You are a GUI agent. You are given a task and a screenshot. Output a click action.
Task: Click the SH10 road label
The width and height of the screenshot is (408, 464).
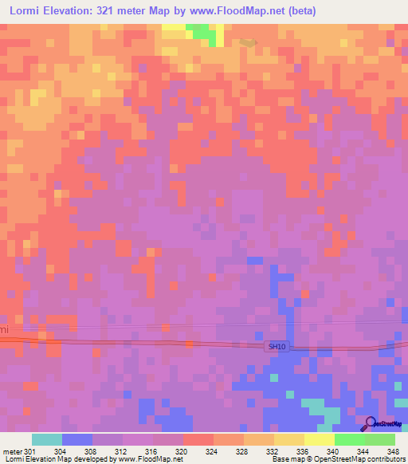click(276, 346)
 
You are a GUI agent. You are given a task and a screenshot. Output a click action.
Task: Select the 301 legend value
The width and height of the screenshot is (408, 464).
click(30, 450)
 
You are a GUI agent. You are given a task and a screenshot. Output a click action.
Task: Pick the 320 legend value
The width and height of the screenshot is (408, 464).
click(182, 450)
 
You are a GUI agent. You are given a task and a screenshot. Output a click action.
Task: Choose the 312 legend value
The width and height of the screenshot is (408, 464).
click(122, 450)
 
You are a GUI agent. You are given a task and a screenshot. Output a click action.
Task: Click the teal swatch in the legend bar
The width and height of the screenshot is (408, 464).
click(47, 439)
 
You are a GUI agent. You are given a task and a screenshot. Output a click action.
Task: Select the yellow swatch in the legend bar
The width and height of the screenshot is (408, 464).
click(320, 439)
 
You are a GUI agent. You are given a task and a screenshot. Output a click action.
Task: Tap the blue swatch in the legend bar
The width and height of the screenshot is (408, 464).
click(77, 439)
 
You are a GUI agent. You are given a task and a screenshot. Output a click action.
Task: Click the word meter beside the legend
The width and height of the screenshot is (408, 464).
click(11, 450)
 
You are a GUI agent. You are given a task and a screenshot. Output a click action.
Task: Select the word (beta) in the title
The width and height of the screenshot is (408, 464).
click(301, 11)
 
